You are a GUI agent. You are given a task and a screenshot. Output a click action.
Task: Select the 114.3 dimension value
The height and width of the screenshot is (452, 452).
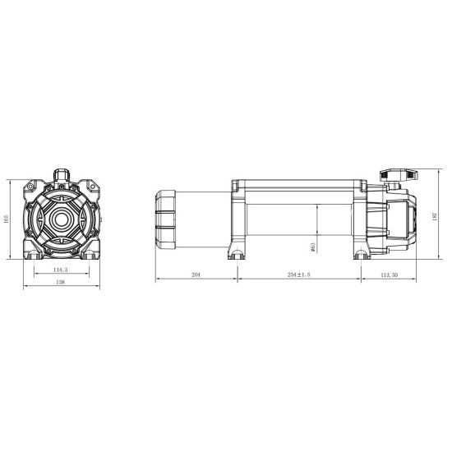(x=59, y=269)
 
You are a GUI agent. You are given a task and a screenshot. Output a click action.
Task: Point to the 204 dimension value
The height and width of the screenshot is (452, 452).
(x=196, y=274)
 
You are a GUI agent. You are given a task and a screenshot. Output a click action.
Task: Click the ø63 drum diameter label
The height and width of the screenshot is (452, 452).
(x=315, y=247)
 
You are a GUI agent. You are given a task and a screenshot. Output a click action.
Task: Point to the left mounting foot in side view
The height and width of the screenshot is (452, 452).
(x=238, y=251)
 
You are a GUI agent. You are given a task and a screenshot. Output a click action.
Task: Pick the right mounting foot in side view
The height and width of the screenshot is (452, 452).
(x=359, y=251)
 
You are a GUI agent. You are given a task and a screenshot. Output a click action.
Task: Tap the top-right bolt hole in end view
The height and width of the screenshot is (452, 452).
(x=94, y=187)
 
